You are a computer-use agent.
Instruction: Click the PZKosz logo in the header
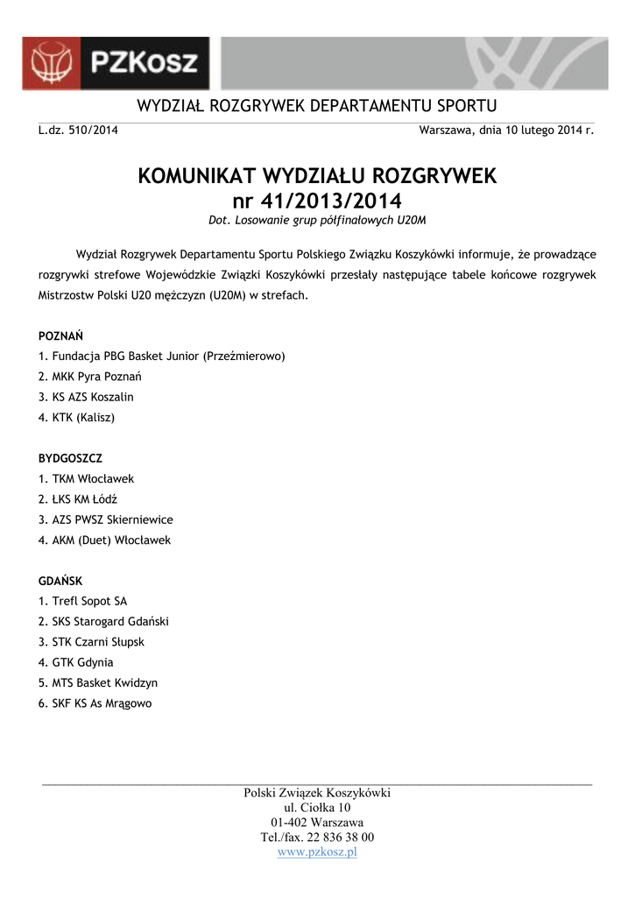click(116, 62)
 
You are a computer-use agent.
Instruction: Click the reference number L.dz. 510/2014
click(78, 131)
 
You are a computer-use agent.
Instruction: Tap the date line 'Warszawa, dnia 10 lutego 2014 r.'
click(507, 131)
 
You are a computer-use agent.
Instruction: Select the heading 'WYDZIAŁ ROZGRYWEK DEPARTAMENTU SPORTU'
click(317, 106)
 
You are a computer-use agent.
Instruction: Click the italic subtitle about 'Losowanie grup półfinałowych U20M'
click(317, 219)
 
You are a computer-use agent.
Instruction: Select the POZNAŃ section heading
click(61, 336)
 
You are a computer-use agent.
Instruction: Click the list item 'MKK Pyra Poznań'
click(90, 377)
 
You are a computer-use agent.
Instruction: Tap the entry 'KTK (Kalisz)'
click(76, 418)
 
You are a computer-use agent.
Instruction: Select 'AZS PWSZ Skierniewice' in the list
click(105, 519)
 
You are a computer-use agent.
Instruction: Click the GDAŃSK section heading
click(60, 581)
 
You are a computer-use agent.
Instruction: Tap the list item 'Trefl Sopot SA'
click(82, 601)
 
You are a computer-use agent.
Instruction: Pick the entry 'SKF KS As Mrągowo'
click(95, 703)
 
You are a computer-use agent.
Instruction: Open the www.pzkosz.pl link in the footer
click(317, 852)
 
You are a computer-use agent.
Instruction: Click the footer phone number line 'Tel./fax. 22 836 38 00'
click(317, 837)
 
